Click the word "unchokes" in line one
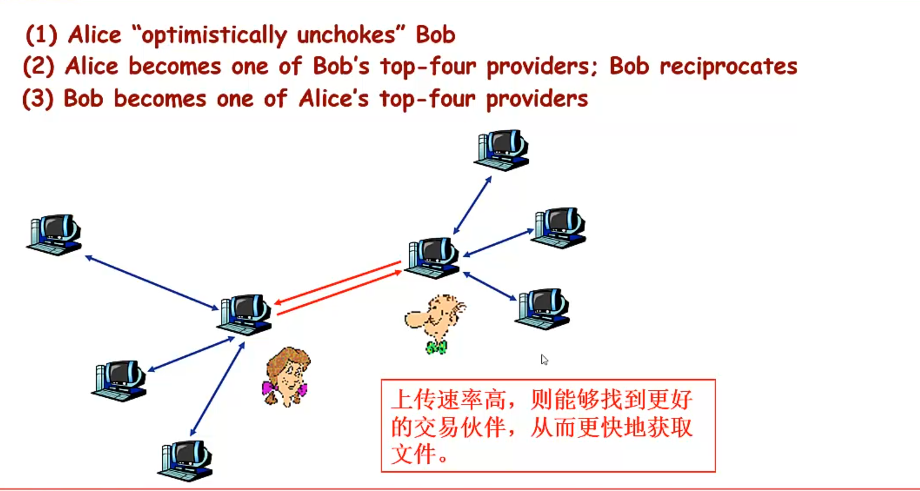[x=346, y=35]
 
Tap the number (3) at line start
[x=38, y=99]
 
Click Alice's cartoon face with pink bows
[x=286, y=377]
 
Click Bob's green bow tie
[x=436, y=347]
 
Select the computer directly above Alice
[x=245, y=314]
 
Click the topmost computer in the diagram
[x=502, y=150]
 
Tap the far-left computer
[x=55, y=234]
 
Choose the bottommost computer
[x=186, y=460]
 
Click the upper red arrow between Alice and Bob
[x=337, y=282]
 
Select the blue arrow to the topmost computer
[x=472, y=205]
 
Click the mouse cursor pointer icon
[x=544, y=359]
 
